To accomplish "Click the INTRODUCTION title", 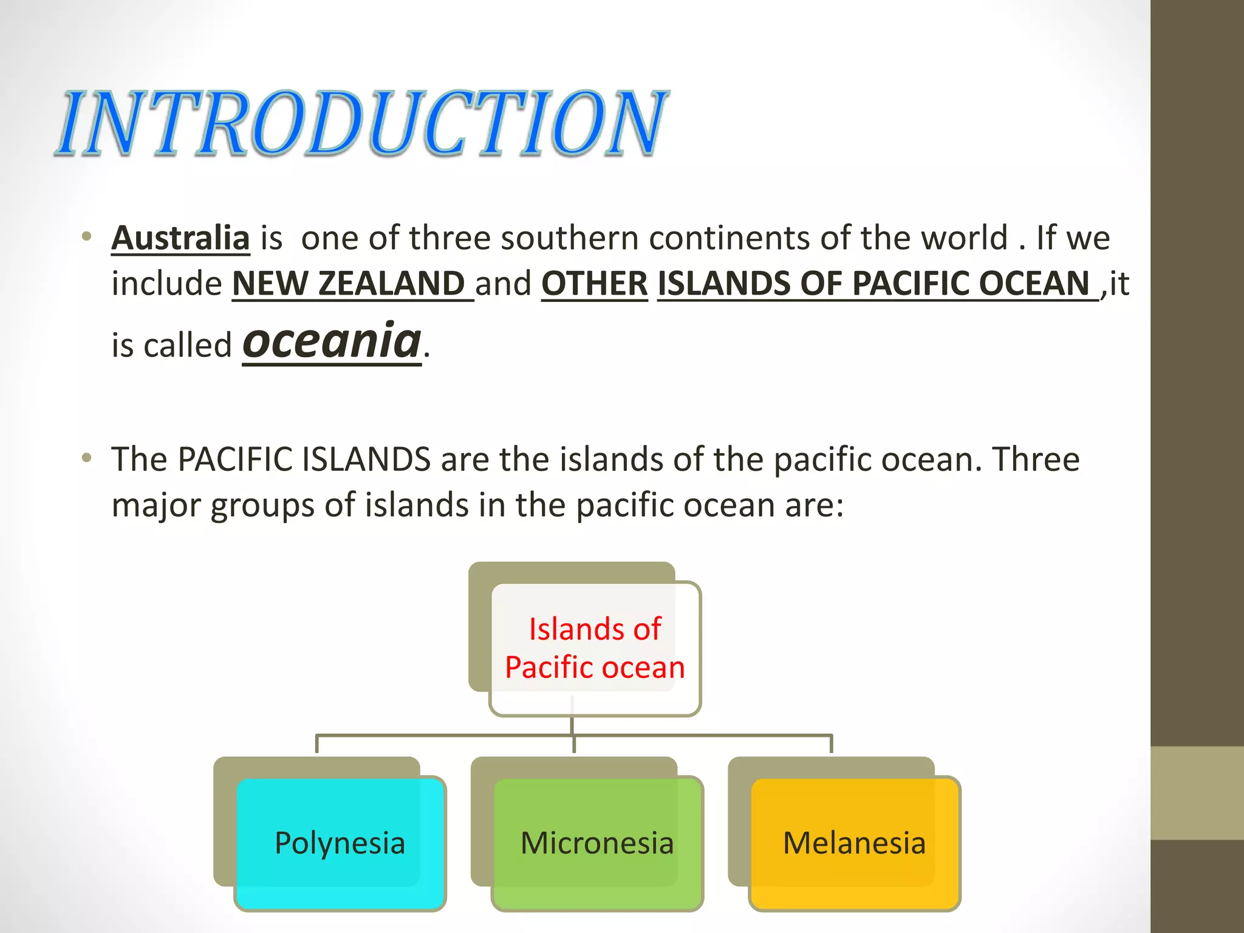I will pyautogui.click(x=363, y=123).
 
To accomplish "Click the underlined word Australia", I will pyautogui.click(x=180, y=238).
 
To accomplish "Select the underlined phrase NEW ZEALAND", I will pyautogui.click(x=349, y=284).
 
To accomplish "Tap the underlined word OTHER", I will pyautogui.click(x=594, y=284).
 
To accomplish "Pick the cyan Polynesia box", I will pyautogui.click(x=340, y=843).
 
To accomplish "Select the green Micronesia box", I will pyautogui.click(x=597, y=843).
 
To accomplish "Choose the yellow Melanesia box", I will pyautogui.click(x=854, y=843).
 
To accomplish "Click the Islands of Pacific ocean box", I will pyautogui.click(x=595, y=648).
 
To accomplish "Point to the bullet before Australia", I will pyautogui.click(x=87, y=237).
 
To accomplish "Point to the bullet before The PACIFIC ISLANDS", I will pyautogui.click(x=87, y=458).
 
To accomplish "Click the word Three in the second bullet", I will pyautogui.click(x=1036, y=459).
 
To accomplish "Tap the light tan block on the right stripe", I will pyautogui.click(x=1197, y=793).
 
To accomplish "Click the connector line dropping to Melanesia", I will pyautogui.click(x=831, y=744).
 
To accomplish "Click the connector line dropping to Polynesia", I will pyautogui.click(x=316, y=744).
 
